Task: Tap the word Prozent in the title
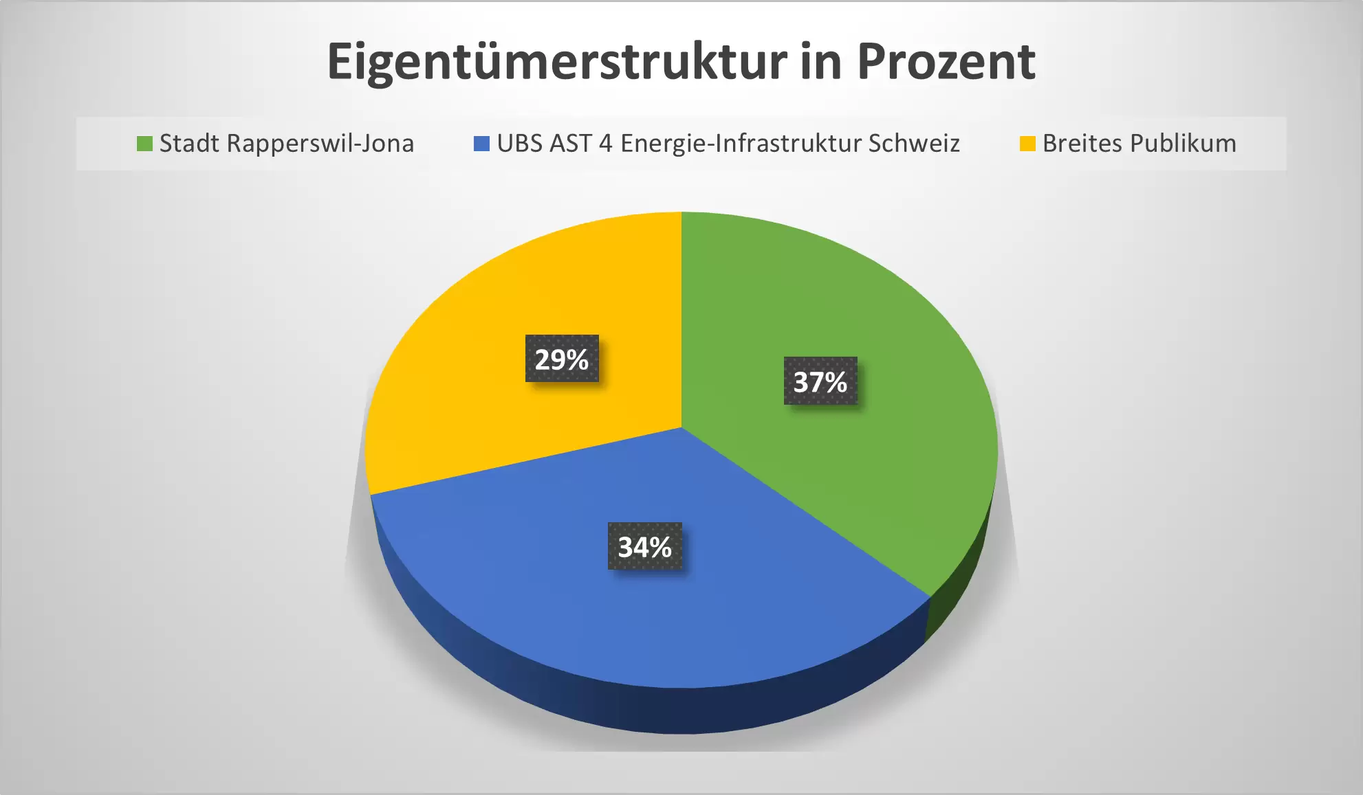(x=946, y=63)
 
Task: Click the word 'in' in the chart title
(x=821, y=63)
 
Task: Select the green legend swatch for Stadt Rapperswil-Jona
(x=144, y=144)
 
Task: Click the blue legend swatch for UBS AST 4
(x=481, y=144)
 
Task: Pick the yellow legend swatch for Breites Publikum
(x=1027, y=144)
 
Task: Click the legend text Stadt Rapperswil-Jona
(x=286, y=144)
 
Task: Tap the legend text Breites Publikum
(x=1139, y=144)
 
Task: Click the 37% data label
(x=820, y=381)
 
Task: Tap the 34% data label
(x=644, y=547)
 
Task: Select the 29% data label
(x=562, y=359)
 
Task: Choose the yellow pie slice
(x=481, y=412)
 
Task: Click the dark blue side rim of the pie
(x=619, y=708)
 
